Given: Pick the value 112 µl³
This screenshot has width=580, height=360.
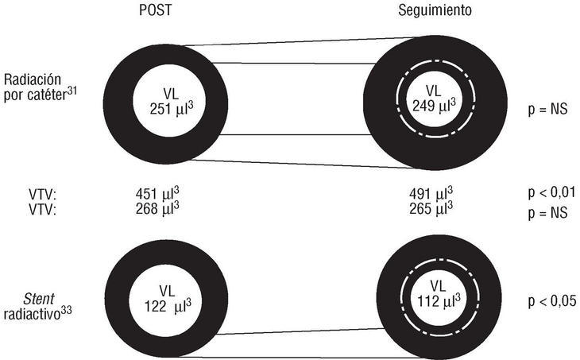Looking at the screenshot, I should tap(433, 301).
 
